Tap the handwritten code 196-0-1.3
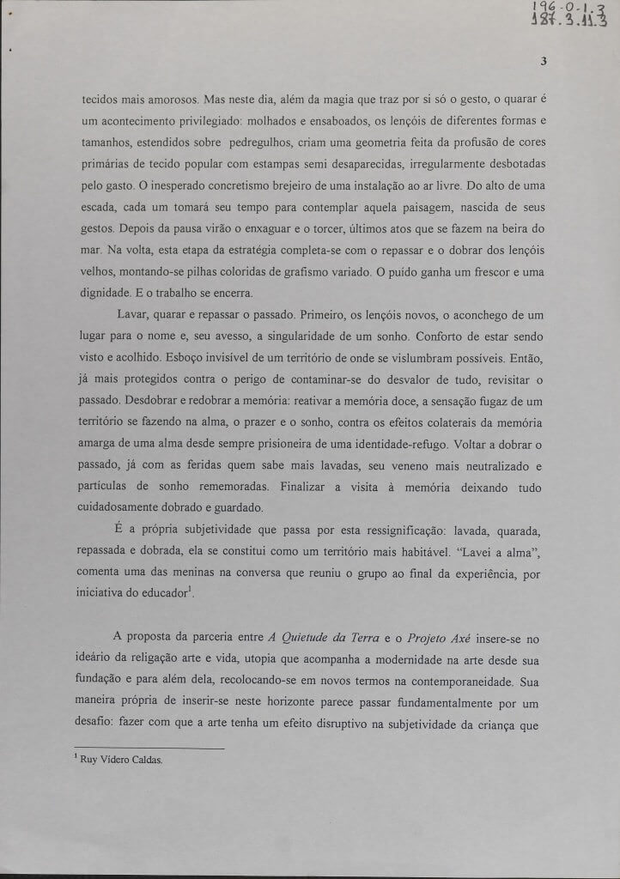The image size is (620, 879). point(580,9)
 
